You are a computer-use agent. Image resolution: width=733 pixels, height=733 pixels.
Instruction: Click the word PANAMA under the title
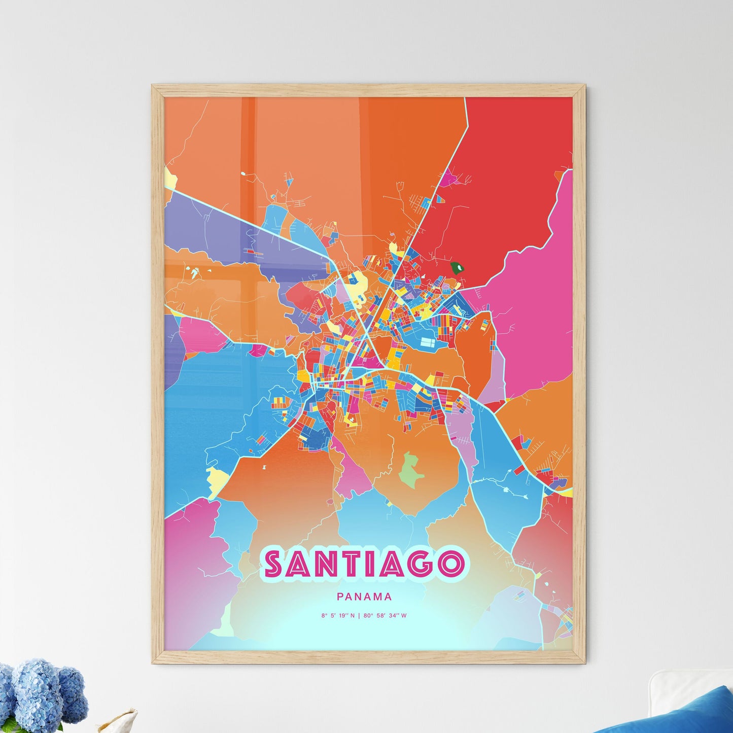[x=364, y=598]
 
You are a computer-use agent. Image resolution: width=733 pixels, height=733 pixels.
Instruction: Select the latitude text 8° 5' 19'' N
[x=337, y=616]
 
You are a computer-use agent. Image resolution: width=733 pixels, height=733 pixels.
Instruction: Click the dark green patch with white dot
[x=458, y=267]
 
